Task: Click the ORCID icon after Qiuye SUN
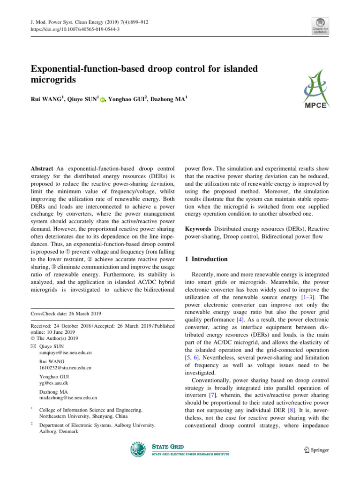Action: pos(103,100)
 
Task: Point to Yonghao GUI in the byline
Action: pos(126,99)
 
